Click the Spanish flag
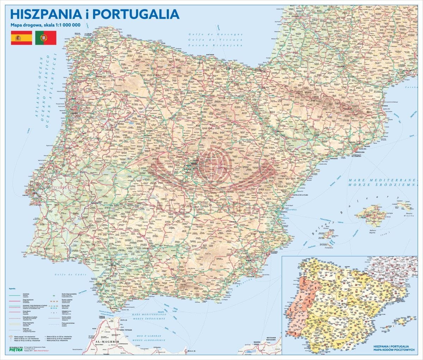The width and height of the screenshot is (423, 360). click(22, 38)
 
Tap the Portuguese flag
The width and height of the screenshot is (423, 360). click(45, 38)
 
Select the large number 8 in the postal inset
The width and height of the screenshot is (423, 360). click(295, 333)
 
